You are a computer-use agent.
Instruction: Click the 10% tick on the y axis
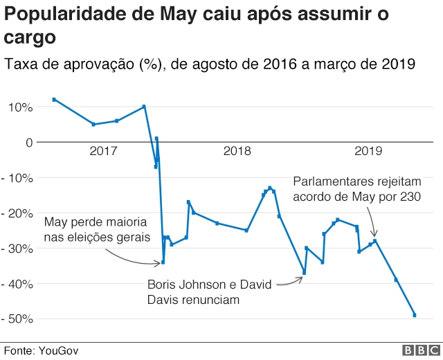(20, 107)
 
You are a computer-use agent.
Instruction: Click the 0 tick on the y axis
(28, 143)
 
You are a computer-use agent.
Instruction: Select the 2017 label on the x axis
(103, 151)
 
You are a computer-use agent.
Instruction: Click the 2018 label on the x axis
(237, 151)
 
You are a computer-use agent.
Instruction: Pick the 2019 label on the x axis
(368, 151)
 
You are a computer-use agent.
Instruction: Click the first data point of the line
(54, 100)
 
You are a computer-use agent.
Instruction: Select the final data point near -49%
(415, 315)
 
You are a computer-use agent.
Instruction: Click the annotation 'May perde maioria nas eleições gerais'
(96, 231)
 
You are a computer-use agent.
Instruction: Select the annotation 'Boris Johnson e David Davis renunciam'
(206, 292)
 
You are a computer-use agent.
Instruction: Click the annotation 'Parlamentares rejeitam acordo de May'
(356, 189)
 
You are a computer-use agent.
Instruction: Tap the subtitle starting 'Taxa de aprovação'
(210, 64)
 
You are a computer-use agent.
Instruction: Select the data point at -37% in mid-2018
(305, 273)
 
